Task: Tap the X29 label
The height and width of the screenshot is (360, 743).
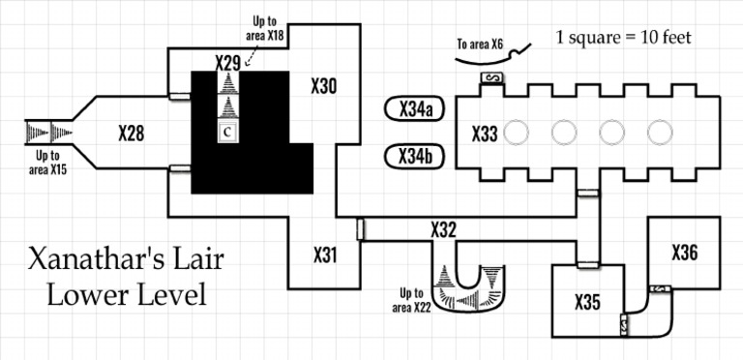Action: [x=227, y=62]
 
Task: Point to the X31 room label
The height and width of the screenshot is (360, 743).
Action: [x=325, y=255]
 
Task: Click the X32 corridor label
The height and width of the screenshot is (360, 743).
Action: [x=443, y=229]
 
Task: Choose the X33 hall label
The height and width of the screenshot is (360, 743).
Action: [x=485, y=134]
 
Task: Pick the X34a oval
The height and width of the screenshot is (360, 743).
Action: [x=415, y=109]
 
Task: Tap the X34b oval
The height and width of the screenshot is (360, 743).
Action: [x=415, y=156]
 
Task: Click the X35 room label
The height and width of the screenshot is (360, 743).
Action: [x=588, y=302]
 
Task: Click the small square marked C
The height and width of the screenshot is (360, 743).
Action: [x=228, y=132]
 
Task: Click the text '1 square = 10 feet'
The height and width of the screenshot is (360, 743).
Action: [x=623, y=39]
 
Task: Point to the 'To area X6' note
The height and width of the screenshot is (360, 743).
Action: [x=480, y=44]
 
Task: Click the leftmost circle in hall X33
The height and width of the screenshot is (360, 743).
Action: [x=517, y=132]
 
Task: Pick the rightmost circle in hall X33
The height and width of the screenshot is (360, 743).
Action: [x=661, y=132]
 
